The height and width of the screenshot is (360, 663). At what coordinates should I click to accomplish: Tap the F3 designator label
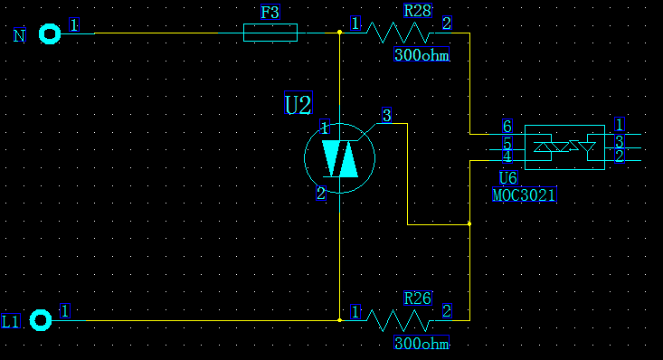[x=270, y=13]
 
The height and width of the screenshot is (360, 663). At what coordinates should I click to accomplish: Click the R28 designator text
[x=417, y=10]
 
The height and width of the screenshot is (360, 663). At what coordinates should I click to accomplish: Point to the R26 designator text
[x=417, y=298]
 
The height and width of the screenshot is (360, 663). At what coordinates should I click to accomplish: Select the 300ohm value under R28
[x=421, y=54]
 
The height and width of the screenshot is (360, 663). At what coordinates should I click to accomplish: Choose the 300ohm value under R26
[x=421, y=343]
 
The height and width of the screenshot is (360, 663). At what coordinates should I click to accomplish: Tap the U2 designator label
[x=298, y=103]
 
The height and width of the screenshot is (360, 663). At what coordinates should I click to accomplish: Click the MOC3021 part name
[x=525, y=194]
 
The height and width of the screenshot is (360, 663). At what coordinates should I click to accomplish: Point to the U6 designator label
[x=507, y=177]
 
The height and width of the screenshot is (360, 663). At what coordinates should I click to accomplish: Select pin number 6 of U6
[x=507, y=126]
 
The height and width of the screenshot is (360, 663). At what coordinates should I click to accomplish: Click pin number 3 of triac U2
[x=386, y=115]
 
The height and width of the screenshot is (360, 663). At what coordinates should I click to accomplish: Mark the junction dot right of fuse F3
[x=339, y=33]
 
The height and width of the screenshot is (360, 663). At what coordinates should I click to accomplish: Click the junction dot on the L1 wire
[x=339, y=320]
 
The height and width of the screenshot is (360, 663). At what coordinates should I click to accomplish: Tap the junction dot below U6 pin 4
[x=469, y=223]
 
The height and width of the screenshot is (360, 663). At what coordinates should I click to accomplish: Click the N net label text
[x=20, y=35]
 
